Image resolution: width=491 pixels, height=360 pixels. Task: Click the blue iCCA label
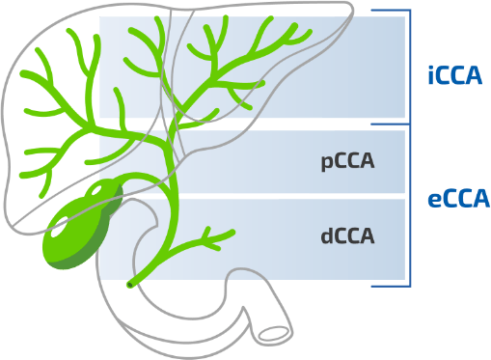point(454,75)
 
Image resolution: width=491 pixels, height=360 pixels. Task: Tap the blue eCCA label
point(458,199)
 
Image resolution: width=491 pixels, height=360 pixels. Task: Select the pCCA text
point(347,161)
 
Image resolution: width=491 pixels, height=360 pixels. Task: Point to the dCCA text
point(347,235)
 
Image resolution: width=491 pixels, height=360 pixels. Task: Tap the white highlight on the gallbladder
point(61,229)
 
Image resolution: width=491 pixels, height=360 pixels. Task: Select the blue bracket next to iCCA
point(409,66)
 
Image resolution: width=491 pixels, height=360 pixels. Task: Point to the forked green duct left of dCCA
point(207,235)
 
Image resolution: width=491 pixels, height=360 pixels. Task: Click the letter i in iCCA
point(430,75)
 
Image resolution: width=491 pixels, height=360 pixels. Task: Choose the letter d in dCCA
point(326,235)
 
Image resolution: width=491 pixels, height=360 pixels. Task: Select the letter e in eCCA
point(434,200)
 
